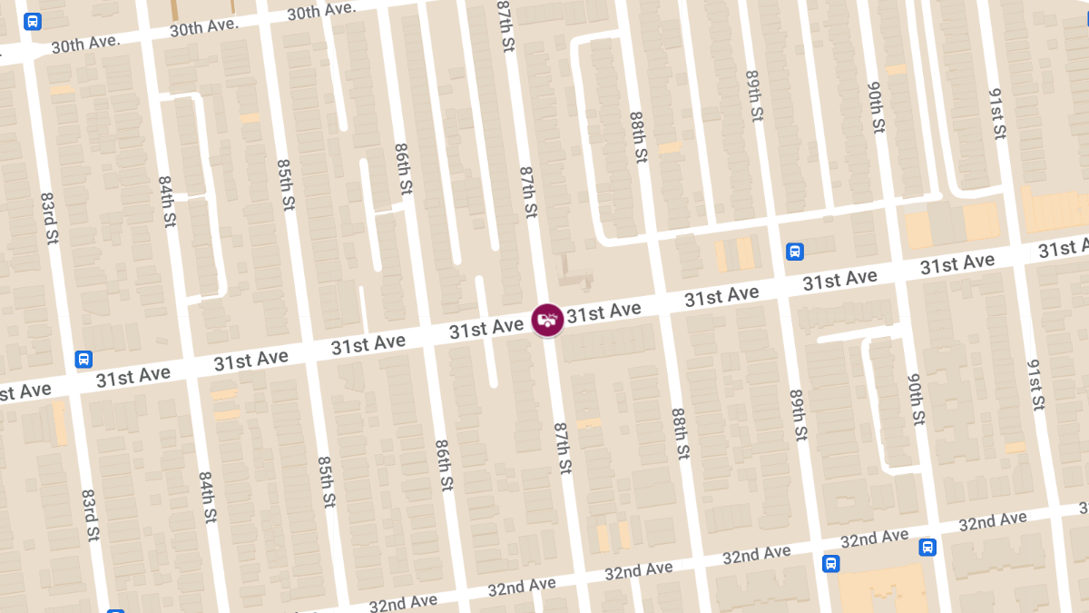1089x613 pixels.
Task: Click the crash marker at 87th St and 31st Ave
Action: tap(547, 320)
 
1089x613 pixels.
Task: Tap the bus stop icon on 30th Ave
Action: tap(33, 21)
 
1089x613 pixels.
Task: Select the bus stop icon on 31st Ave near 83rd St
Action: tap(83, 359)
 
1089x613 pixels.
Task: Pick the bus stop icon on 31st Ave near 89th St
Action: tap(794, 252)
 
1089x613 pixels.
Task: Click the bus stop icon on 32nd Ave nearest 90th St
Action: tap(927, 547)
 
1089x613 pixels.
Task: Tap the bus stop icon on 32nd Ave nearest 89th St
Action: tap(830, 564)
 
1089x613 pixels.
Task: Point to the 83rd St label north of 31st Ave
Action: tap(49, 217)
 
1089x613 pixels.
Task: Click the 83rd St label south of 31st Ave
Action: tap(89, 515)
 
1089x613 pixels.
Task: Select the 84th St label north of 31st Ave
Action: tap(167, 202)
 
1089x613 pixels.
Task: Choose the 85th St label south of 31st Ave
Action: tap(327, 480)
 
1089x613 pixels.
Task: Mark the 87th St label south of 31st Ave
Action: tap(563, 448)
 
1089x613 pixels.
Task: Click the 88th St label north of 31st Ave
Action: tap(638, 137)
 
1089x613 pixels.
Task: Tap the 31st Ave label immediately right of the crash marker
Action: tap(603, 311)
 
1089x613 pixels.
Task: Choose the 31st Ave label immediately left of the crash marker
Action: tap(486, 329)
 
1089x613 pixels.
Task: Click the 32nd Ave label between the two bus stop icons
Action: tap(874, 539)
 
